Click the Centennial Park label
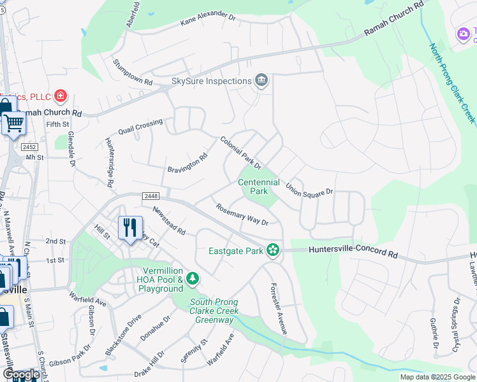258,187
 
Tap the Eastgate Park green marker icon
274,250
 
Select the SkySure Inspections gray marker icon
261,81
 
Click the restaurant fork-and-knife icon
129,228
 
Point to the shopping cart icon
14,122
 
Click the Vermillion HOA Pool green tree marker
192,279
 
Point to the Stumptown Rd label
133,73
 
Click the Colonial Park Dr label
240,153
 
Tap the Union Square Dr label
309,190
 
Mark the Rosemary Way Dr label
242,214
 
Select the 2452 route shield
29,146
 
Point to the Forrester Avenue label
279,309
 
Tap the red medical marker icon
60,96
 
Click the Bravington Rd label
187,163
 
